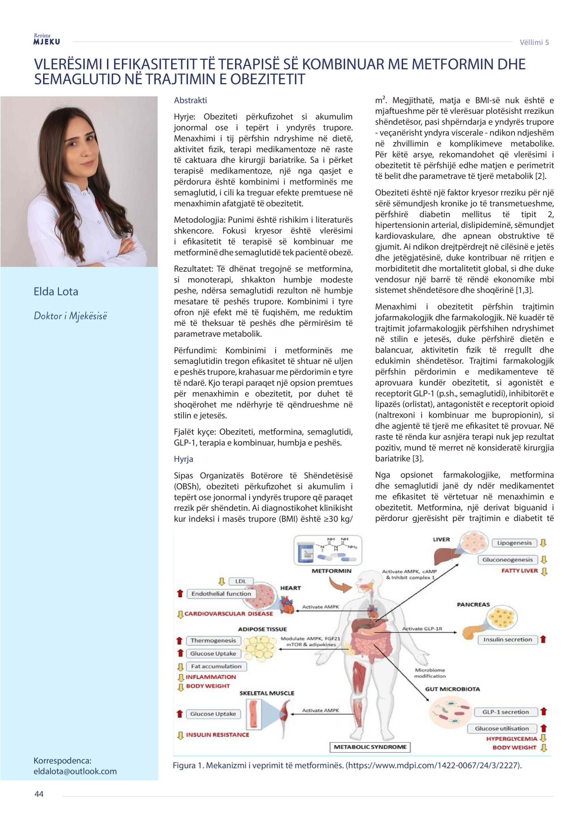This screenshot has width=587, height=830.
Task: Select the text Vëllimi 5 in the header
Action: point(534,42)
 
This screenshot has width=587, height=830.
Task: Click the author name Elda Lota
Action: point(56,291)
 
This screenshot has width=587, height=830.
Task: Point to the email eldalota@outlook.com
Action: point(75,771)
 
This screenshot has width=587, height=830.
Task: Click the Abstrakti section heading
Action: point(190,100)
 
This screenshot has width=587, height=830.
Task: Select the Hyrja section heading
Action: point(183,459)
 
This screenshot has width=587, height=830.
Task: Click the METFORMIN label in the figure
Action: point(331,571)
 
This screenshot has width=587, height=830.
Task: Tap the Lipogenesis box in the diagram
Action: point(514,543)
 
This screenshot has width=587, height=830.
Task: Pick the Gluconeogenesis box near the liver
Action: point(508,560)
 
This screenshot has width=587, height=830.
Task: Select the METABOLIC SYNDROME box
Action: point(370,747)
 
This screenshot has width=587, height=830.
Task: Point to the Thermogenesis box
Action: point(213,641)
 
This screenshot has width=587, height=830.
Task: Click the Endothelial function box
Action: point(221,594)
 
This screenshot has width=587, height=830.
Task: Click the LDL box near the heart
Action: point(241,581)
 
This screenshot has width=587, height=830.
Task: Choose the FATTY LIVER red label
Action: point(519,571)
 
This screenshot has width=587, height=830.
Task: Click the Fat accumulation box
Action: point(216,666)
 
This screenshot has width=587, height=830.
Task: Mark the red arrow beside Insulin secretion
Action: point(543,639)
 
